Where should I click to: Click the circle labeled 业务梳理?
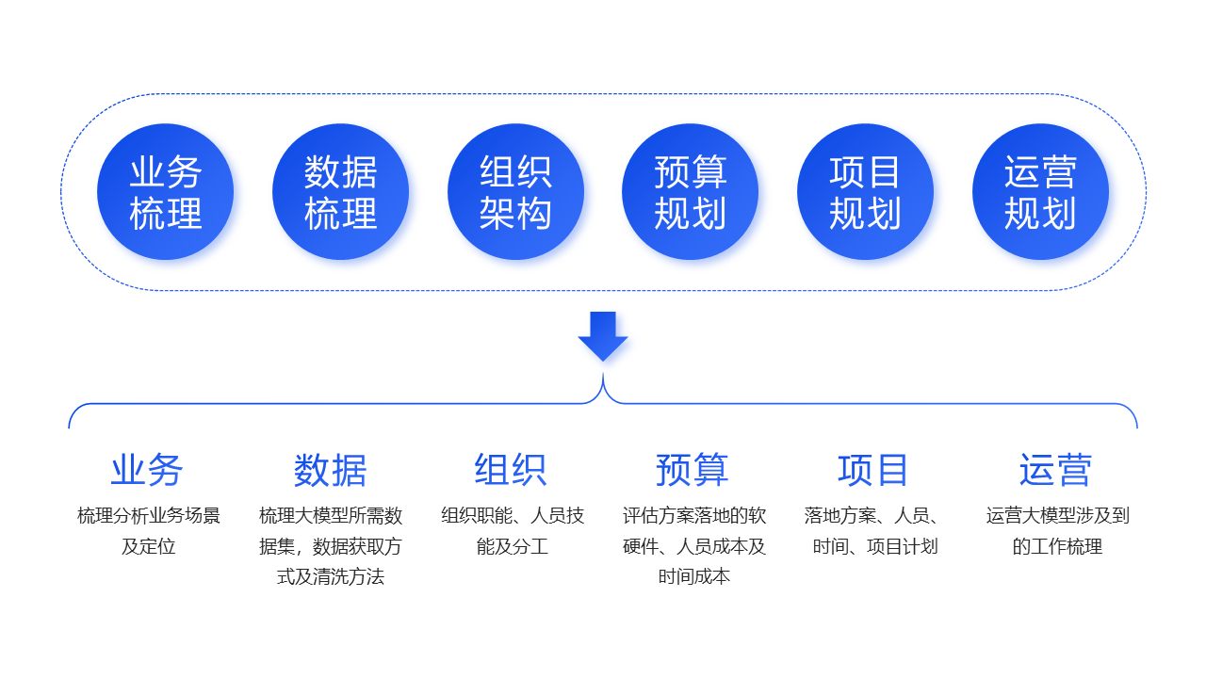pyautogui.click(x=165, y=192)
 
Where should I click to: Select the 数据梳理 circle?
pyautogui.click(x=340, y=192)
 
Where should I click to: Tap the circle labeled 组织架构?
pyautogui.click(x=515, y=192)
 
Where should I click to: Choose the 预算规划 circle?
pyautogui.click(x=690, y=192)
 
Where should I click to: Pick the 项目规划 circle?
pyautogui.click(x=865, y=192)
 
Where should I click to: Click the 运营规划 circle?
pyautogui.click(x=1040, y=192)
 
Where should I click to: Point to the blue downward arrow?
pyautogui.click(x=603, y=335)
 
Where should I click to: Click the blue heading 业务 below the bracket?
pyautogui.click(x=147, y=470)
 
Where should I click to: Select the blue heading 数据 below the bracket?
pyautogui.click(x=330, y=470)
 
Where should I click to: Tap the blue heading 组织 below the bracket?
pyautogui.click(x=511, y=470)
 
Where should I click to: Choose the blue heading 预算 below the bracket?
pyautogui.click(x=693, y=470)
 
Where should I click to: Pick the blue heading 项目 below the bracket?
pyautogui.click(x=873, y=470)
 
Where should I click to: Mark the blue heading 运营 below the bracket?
pyautogui.click(x=1055, y=470)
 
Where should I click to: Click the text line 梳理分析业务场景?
pyautogui.click(x=149, y=516)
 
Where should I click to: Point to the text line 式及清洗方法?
pyautogui.click(x=331, y=576)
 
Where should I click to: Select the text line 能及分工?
pyautogui.click(x=513, y=546)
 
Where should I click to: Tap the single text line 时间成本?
pyautogui.click(x=694, y=576)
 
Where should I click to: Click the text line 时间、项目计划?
pyautogui.click(x=875, y=546)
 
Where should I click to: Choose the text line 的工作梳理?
pyautogui.click(x=1057, y=546)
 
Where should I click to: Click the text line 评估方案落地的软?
pyautogui.click(x=694, y=516)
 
